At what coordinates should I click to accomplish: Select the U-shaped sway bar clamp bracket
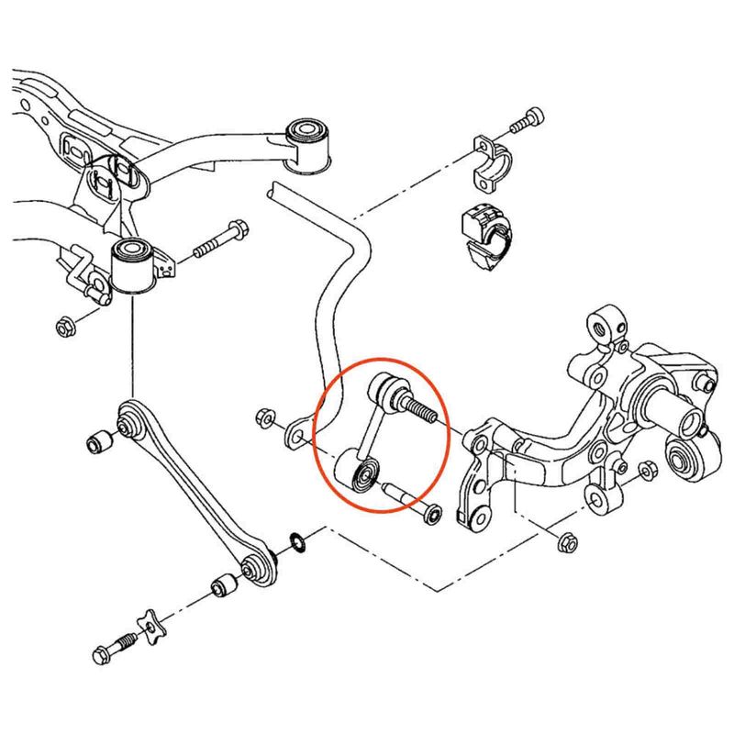pyautogui.click(x=494, y=158)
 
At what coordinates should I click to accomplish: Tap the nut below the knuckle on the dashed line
pyautogui.click(x=566, y=540)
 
